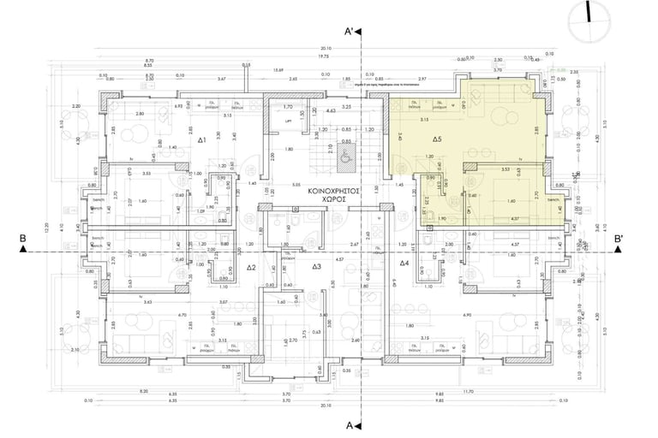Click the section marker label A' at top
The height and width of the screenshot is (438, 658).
tap(350, 32)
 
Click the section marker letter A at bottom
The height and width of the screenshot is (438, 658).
tap(350, 424)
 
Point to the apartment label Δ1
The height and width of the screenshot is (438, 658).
tap(202, 139)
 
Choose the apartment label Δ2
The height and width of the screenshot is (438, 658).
tap(252, 268)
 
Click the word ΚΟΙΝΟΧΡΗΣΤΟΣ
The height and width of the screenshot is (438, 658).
tap(332, 192)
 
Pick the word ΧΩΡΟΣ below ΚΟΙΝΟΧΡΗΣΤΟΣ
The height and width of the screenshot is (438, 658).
tap(332, 199)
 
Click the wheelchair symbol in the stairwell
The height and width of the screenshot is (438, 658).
tap(346, 157)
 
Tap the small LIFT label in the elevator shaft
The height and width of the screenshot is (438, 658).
tap(288, 120)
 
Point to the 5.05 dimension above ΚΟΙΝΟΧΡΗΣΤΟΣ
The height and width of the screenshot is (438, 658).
tap(294, 184)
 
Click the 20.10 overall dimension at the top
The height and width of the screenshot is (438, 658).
tap(326, 49)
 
